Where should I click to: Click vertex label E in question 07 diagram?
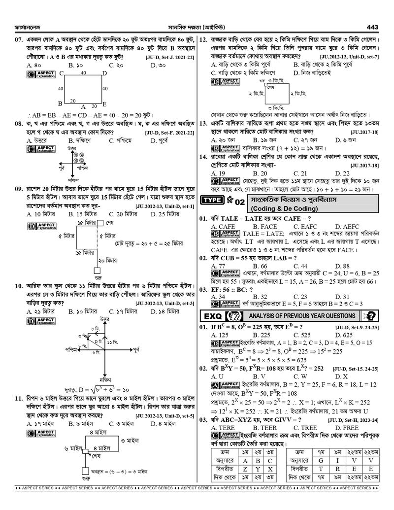[104, 104]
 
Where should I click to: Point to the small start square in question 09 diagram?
[97, 270]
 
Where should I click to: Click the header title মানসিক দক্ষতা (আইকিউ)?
[197, 27]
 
